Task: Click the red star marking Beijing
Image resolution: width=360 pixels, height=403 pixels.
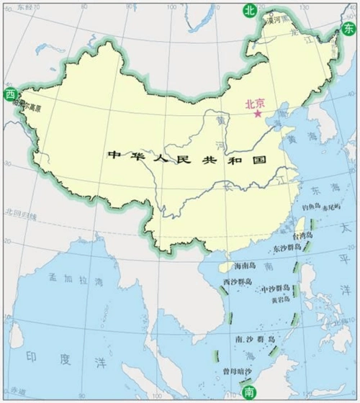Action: [x=257, y=114]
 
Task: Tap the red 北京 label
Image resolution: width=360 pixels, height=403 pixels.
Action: [x=256, y=103]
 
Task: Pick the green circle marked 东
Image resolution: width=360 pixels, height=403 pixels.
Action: [x=348, y=27]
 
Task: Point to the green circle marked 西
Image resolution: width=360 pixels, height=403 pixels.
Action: [x=10, y=94]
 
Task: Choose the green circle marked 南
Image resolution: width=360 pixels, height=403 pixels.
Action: [x=249, y=392]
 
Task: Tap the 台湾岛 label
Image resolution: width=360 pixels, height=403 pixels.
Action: [x=301, y=235]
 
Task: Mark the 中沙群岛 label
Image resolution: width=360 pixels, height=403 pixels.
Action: [x=274, y=288]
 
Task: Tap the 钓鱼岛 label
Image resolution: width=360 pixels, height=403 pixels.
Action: [x=310, y=206]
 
